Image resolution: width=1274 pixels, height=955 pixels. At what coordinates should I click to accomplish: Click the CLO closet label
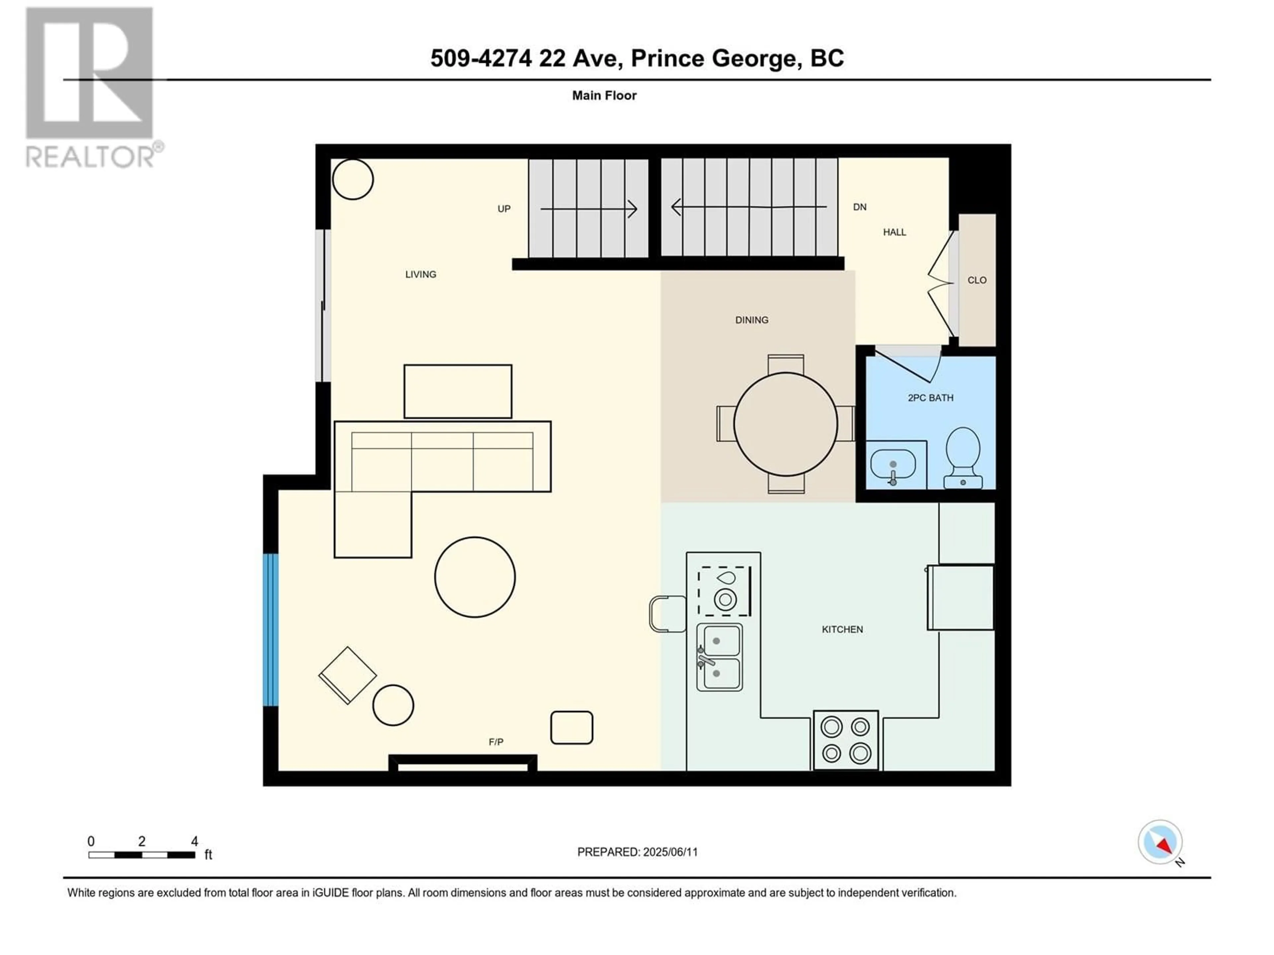pos(977,280)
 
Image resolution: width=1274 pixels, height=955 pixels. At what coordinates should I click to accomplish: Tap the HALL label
pos(894,232)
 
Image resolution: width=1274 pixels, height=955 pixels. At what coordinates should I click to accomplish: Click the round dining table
pos(786,424)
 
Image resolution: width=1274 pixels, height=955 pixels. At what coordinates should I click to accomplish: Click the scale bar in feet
pos(142,855)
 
